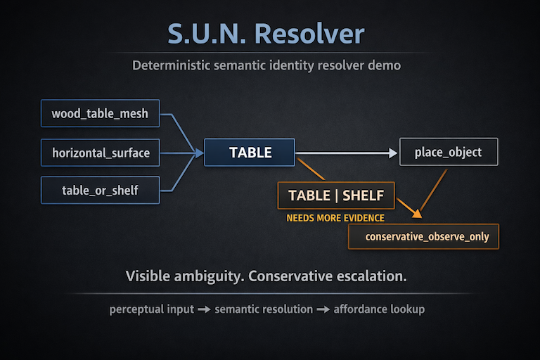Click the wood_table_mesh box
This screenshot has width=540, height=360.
(100, 113)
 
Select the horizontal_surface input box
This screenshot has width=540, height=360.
(101, 152)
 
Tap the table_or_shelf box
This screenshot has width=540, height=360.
(101, 190)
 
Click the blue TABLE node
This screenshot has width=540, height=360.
(250, 152)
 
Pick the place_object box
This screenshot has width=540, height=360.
(448, 152)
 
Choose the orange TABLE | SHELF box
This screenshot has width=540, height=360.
(335, 195)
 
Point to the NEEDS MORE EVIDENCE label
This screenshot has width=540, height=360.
(335, 218)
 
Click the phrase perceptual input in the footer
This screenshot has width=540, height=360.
(151, 309)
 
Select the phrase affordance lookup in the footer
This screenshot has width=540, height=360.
(379, 309)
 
